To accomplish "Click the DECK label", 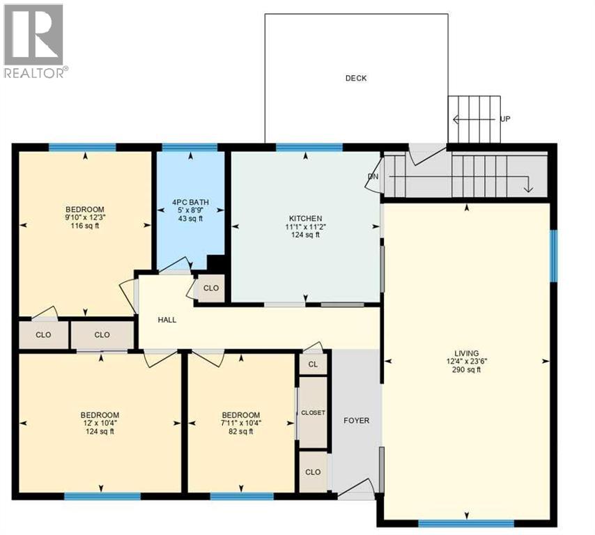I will coord(355,78).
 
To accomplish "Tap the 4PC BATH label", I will coord(190,203).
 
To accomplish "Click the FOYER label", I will coord(356,421).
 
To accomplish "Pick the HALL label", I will coord(167,320).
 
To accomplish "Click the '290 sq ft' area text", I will coord(466,370).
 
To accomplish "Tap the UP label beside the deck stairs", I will coord(505,119).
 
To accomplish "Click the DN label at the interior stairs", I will coord(373,176).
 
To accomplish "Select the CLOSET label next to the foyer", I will coord(313,413).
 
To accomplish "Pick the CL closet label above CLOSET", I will coord(313,364).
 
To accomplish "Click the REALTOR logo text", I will coord(36,72).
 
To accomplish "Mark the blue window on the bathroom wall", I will coord(190,147).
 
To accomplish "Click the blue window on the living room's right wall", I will coord(554,256).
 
